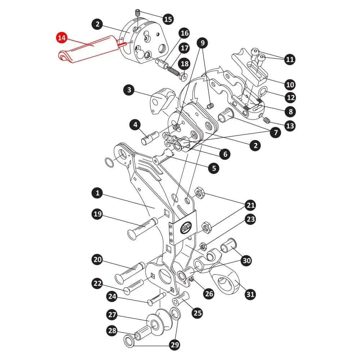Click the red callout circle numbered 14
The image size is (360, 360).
[62, 38]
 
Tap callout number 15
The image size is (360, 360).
[168, 19]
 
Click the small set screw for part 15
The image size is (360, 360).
[137, 13]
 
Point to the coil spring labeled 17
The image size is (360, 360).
[173, 69]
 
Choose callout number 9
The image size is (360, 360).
[203, 43]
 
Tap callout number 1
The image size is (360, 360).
[97, 193]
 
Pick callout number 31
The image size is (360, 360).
[250, 294]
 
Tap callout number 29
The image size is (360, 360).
[175, 345]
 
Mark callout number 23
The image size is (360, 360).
[251, 219]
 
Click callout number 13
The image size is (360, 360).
[290, 125]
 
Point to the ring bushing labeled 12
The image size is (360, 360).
[262, 91]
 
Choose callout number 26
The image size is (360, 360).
[209, 293]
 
